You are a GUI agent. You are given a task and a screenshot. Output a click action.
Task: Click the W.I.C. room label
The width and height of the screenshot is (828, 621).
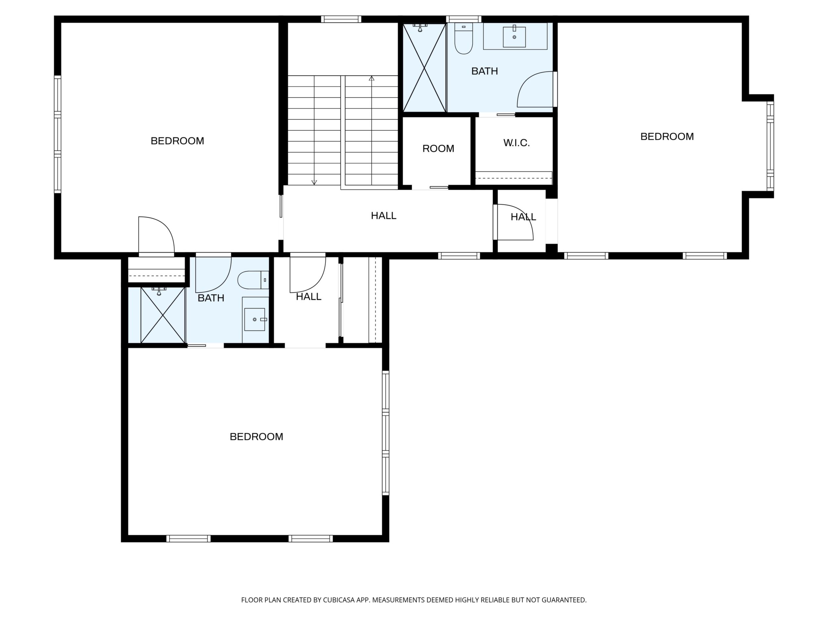click(516, 143)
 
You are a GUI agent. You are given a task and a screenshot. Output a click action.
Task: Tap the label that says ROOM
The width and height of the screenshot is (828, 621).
click(438, 149)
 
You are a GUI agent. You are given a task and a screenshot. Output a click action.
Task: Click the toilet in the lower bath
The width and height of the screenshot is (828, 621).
click(253, 280)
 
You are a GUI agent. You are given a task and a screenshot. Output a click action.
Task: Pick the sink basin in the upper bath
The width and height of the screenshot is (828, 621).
click(514, 37)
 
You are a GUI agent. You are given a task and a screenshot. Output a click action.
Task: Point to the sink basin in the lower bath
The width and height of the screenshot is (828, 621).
click(254, 319)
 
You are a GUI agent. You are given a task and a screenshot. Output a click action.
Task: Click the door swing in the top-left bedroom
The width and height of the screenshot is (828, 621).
click(157, 235)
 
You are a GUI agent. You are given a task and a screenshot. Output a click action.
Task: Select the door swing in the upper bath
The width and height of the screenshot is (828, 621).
click(535, 90)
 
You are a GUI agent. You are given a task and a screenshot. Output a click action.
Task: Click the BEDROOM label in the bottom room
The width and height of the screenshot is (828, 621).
click(256, 437)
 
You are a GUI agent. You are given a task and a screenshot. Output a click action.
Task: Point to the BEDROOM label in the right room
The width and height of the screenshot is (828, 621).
click(667, 137)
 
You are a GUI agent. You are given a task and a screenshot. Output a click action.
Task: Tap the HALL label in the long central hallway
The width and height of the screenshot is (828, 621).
click(384, 216)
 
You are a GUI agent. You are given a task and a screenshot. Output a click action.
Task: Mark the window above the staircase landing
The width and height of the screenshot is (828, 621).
click(341, 19)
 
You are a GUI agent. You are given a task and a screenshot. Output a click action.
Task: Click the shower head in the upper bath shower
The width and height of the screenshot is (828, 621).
click(421, 27)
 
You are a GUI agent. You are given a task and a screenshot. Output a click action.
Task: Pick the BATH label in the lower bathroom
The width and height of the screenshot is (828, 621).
click(211, 298)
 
